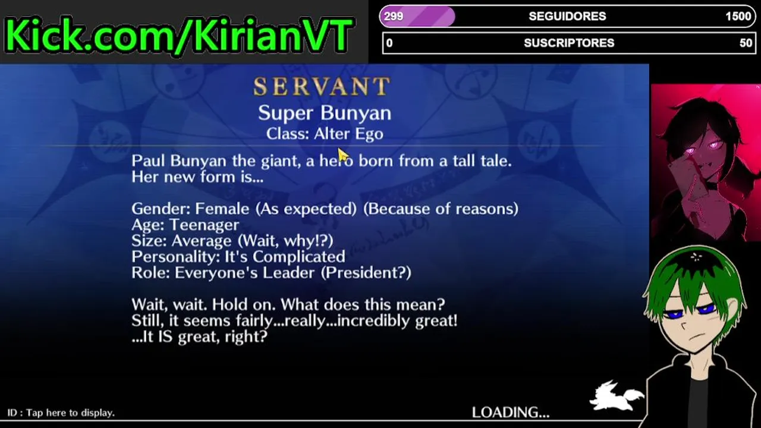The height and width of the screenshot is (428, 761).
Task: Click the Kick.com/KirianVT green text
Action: (x=180, y=34)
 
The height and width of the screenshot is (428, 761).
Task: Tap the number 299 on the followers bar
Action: (x=394, y=16)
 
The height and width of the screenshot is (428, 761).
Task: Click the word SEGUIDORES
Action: (x=567, y=16)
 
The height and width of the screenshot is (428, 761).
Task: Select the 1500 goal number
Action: (x=738, y=16)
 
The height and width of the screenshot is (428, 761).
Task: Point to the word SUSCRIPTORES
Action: (x=569, y=43)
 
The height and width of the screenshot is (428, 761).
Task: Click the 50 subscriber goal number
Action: (x=746, y=43)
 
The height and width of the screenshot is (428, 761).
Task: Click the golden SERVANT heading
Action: (x=322, y=86)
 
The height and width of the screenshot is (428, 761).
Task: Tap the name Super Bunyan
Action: (x=325, y=113)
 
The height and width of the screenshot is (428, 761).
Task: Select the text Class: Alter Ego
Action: (x=325, y=134)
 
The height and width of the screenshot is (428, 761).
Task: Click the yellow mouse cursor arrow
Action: (x=343, y=156)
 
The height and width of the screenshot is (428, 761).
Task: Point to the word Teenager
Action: (x=204, y=225)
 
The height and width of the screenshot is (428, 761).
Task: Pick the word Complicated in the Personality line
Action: (x=298, y=257)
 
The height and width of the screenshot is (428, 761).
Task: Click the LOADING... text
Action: (x=510, y=413)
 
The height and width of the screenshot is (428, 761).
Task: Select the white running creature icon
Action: (x=615, y=396)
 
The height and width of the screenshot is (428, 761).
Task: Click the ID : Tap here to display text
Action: (x=61, y=413)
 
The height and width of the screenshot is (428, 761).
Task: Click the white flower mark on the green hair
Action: (x=696, y=257)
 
